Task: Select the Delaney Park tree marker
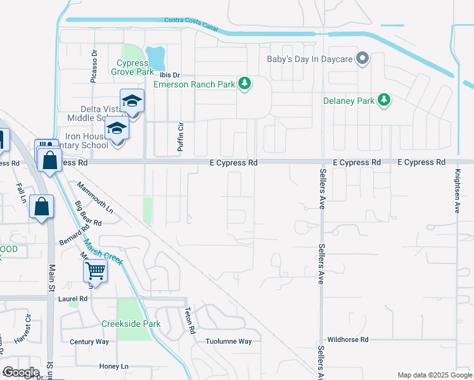383,99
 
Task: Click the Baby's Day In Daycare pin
362,59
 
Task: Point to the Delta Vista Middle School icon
132,101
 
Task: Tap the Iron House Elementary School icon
117,129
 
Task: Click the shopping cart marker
95,271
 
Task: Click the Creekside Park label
131,324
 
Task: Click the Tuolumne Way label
229,341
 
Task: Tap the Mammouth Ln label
95,198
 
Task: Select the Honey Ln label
114,366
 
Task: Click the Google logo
21,372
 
